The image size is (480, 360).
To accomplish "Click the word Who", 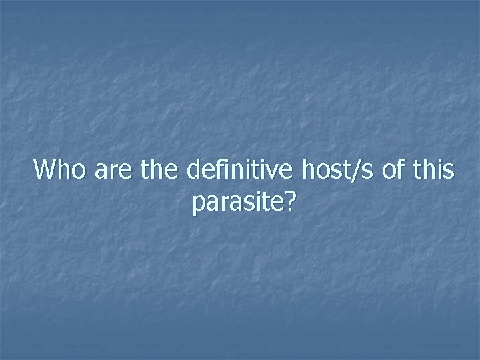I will click(61, 170).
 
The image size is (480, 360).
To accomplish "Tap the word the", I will click(159, 170).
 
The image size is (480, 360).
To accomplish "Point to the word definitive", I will click(239, 170).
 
